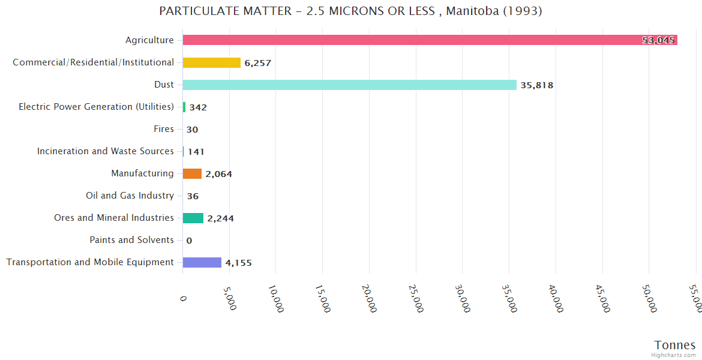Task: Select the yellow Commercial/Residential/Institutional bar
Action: (211, 62)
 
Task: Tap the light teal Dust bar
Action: (349, 85)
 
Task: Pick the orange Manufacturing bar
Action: (192, 173)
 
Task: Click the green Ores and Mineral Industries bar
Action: (193, 218)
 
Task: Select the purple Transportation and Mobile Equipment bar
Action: (202, 262)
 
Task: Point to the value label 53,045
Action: (658, 40)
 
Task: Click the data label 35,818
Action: (536, 85)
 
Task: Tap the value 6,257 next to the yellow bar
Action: (257, 63)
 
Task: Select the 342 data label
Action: (198, 107)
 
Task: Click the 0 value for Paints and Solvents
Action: (189, 241)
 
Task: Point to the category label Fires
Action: (164, 129)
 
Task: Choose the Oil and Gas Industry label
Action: (130, 196)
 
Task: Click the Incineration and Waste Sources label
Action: (106, 151)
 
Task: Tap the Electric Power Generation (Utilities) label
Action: (96, 107)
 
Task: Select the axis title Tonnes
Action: (674, 345)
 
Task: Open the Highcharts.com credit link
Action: (674, 355)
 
